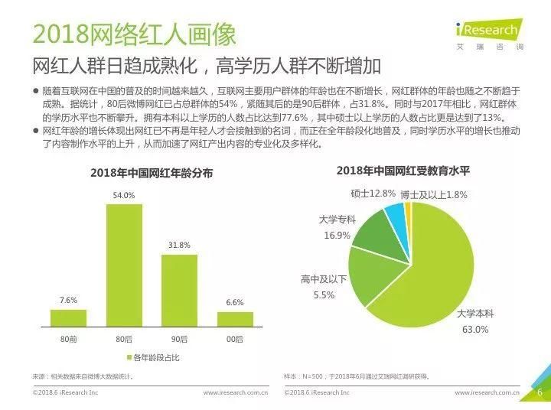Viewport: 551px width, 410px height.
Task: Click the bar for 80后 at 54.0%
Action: click(x=124, y=265)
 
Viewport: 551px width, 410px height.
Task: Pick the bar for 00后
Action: click(x=235, y=319)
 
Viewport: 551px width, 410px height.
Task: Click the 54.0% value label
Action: click(x=124, y=196)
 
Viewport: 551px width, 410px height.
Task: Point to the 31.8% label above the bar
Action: click(x=179, y=246)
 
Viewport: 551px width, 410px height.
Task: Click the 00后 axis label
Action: click(x=235, y=339)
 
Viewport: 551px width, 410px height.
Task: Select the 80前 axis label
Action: click(x=68, y=339)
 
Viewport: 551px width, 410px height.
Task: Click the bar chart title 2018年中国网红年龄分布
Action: click(x=152, y=173)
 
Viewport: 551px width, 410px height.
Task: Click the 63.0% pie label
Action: click(x=473, y=330)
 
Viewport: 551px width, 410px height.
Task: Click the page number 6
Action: click(x=539, y=392)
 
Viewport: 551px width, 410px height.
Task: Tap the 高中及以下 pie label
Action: click(x=324, y=279)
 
